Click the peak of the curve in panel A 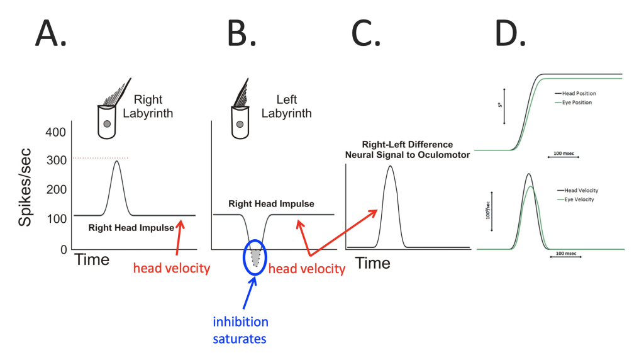click(116, 161)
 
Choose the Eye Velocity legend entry click(575, 199)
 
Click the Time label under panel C click(373, 264)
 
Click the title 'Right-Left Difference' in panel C click(407, 145)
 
